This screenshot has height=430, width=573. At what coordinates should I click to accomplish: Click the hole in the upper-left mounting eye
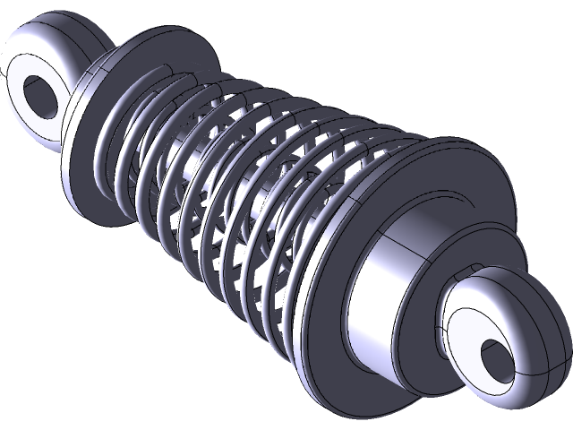click(x=40, y=93)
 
